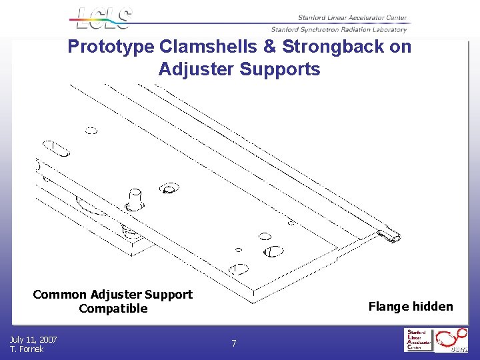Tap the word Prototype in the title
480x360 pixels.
(x=111, y=47)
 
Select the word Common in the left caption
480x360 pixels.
(x=61, y=294)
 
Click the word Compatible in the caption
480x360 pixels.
(x=113, y=308)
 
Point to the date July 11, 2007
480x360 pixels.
(x=33, y=339)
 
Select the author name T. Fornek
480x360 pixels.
(x=27, y=349)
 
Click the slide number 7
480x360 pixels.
(x=233, y=344)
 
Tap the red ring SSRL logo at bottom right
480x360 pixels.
(x=453, y=340)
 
